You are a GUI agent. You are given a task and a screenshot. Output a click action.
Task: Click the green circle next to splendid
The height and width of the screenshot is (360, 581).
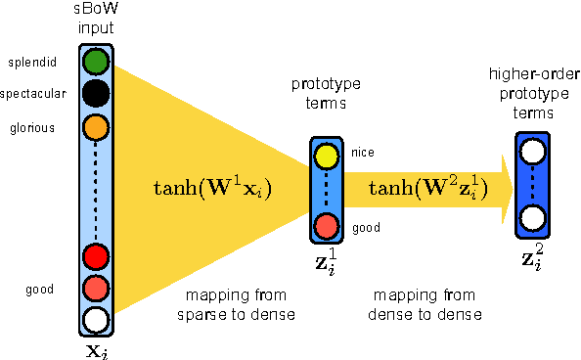point(95,63)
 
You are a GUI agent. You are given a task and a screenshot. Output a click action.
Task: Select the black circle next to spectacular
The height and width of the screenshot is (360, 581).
point(95,94)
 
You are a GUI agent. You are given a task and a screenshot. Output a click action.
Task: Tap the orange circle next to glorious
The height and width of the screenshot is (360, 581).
point(95,126)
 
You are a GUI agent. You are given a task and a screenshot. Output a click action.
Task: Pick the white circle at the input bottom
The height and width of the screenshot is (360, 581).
point(95,319)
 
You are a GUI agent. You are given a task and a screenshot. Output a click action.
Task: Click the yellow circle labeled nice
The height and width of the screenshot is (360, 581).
point(326,154)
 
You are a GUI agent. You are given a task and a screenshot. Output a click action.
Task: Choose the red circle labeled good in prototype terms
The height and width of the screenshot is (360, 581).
point(326,227)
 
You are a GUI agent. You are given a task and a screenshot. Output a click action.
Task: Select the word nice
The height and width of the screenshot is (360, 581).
point(362,152)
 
